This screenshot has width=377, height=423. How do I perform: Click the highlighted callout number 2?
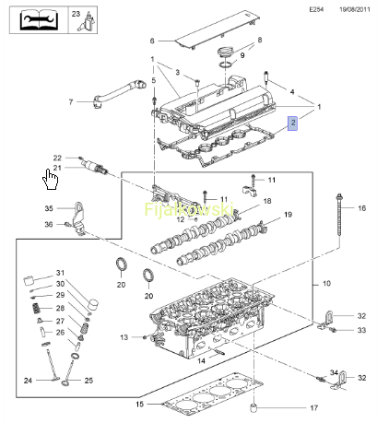292,123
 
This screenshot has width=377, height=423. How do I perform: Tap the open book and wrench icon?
39,20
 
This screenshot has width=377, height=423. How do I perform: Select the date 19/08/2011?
355,9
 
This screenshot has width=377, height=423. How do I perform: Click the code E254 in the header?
316,9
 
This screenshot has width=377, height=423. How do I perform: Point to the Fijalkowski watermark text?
189,209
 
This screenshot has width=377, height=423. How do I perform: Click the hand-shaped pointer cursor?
50,179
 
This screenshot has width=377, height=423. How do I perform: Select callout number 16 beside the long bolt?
362,208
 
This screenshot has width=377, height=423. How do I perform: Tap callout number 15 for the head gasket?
140,404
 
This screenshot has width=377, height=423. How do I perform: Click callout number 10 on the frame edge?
326,283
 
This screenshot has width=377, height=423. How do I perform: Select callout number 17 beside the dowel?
313,408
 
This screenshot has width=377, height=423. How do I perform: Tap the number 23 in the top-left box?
76,14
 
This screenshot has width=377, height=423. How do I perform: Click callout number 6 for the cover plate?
152,41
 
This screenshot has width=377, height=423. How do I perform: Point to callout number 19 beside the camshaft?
288,214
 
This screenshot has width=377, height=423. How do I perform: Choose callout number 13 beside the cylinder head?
124,337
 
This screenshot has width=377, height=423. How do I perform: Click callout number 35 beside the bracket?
49,208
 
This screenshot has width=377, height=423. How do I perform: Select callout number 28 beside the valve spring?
60,308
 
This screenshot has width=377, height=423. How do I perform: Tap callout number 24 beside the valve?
28,381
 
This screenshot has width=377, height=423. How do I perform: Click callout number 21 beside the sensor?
57,168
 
